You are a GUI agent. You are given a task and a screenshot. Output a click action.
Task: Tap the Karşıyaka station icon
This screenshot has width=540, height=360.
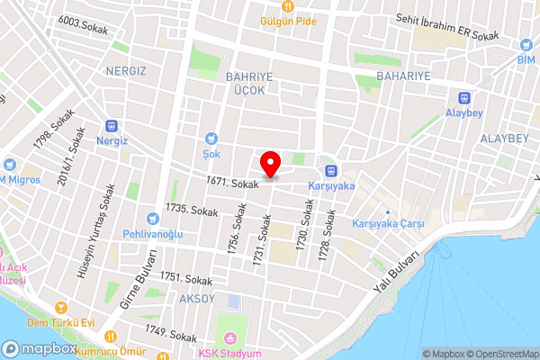pyautogui.click(x=330, y=170)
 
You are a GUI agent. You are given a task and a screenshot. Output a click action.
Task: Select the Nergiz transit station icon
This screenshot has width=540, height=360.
pyautogui.click(x=112, y=128)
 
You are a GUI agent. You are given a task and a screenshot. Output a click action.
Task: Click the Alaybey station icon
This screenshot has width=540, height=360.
pyautogui.click(x=465, y=98)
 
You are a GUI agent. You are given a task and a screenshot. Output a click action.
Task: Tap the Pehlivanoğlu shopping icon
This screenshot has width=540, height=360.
pyautogui.click(x=153, y=219)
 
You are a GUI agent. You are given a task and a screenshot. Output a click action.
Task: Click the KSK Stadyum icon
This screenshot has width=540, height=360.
pyautogui.click(x=229, y=338)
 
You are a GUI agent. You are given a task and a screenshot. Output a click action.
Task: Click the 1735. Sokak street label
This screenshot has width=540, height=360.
pyautogui.click(x=188, y=209)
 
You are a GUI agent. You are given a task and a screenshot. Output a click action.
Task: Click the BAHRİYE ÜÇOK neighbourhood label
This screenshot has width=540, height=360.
pyautogui.click(x=246, y=84)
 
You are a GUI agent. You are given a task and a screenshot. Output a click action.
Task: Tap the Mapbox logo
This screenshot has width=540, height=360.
pyautogui.click(x=40, y=349)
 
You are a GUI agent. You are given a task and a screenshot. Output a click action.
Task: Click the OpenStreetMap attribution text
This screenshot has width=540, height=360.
pyautogui.click(x=499, y=354)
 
